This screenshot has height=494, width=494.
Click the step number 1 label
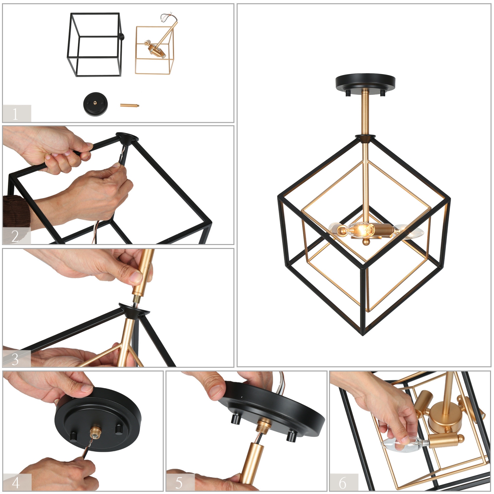click(x=16, y=114)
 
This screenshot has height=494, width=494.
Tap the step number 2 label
click(x=15, y=236)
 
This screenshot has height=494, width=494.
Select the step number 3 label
click(x=15, y=359)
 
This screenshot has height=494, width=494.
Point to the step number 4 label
click(x=16, y=482)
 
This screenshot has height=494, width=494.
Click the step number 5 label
click(x=179, y=482)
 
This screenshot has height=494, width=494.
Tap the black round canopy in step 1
click(x=96, y=104)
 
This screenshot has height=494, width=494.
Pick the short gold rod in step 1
click(x=129, y=105)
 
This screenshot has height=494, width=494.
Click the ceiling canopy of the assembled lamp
click(x=365, y=82)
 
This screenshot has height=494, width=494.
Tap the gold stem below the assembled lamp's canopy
click(x=365, y=112)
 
